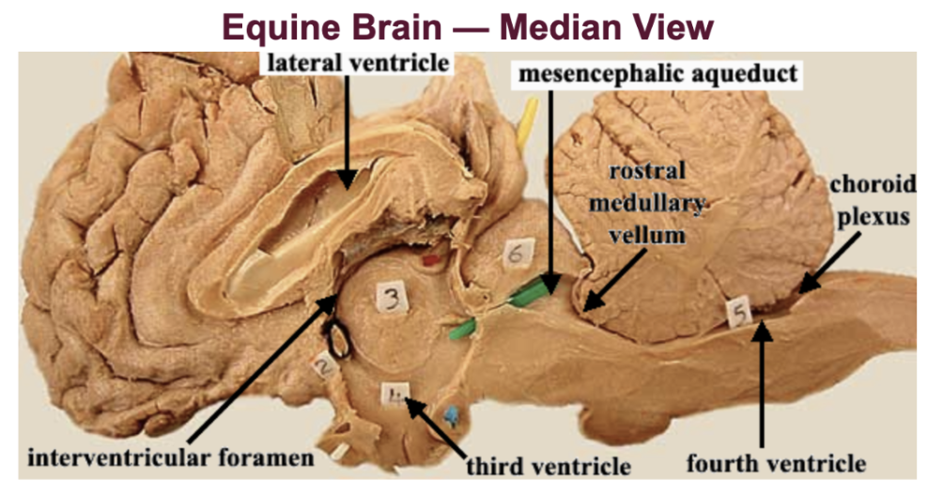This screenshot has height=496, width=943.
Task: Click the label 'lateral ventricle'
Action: [355, 65]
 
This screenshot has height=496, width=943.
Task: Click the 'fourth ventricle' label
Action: [775, 463]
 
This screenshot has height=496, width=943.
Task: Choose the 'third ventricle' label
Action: [549, 465]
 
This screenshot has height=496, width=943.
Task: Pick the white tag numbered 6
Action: [517, 253]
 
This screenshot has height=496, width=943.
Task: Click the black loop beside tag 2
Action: [336, 340]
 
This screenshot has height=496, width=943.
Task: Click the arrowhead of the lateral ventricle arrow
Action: [347, 185]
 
